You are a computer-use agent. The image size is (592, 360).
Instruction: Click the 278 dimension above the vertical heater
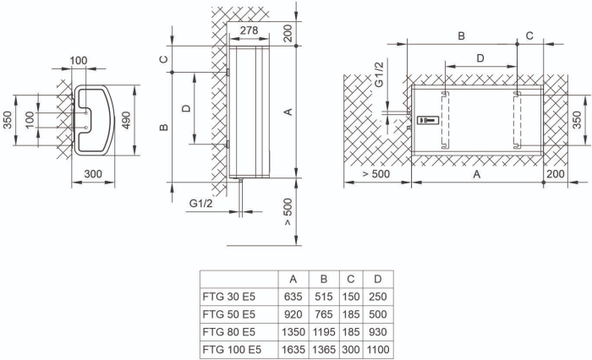tap(249, 30)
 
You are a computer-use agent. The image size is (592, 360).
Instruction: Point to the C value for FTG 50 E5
tap(351, 314)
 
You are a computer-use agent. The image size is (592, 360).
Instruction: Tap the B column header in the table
tap(323, 280)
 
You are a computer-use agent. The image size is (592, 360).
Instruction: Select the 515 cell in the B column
tap(323, 297)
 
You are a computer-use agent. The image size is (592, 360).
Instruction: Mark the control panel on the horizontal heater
tap(428, 121)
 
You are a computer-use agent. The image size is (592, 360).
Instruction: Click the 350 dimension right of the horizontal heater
tap(577, 120)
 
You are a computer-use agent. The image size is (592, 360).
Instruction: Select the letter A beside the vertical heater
tap(288, 110)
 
